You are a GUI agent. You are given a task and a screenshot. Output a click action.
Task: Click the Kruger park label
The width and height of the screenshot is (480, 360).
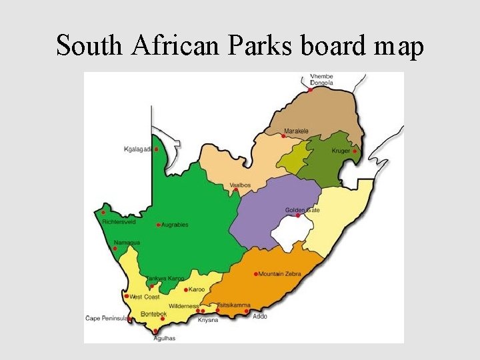click(341, 151)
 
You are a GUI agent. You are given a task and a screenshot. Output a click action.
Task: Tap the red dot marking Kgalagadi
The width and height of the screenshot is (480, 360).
click(157, 149)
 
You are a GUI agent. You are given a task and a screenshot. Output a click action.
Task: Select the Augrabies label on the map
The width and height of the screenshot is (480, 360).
click(175, 225)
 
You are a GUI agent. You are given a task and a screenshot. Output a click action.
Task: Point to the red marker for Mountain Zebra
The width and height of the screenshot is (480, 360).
click(256, 274)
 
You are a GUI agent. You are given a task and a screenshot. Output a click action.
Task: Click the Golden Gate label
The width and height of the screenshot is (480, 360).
click(303, 210)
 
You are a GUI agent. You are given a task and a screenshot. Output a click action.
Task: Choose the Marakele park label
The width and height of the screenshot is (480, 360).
click(296, 131)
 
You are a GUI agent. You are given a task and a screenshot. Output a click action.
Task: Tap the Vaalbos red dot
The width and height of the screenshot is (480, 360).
click(236, 190)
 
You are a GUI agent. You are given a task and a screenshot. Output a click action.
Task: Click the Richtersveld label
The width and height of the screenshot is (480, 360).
click(119, 221)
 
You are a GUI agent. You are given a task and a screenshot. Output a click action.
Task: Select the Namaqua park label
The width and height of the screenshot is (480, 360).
click(127, 243)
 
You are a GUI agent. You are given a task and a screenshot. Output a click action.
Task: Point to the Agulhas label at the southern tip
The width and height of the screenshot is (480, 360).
click(164, 338)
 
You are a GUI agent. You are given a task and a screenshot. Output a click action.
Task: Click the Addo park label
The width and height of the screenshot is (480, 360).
click(260, 316)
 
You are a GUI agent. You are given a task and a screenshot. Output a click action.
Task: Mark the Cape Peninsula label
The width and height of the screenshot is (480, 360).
click(106, 319)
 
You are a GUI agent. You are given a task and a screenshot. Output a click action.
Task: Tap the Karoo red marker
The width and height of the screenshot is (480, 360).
click(186, 290)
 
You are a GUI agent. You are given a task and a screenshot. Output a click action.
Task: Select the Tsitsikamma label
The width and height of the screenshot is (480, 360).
click(233, 305)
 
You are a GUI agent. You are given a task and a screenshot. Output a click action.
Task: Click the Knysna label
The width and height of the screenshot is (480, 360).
click(207, 320)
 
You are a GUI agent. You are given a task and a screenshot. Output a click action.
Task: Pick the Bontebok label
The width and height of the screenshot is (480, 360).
click(154, 314)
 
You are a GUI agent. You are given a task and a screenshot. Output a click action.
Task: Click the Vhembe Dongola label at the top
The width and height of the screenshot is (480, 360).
click(322, 79)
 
